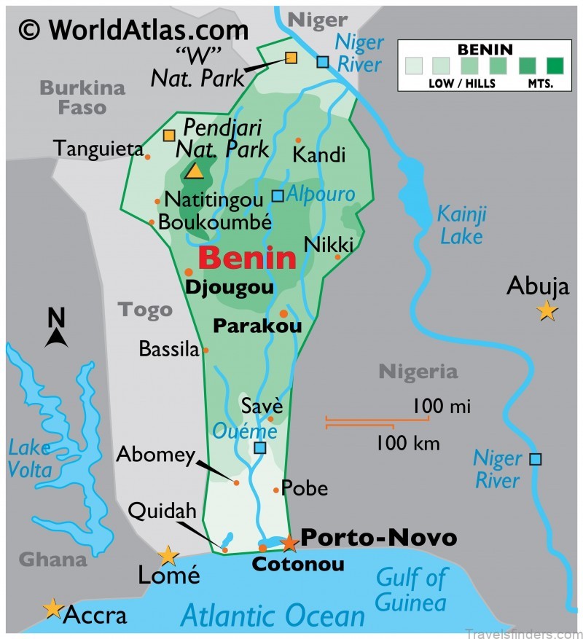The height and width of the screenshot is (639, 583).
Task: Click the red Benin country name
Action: [x=247, y=258]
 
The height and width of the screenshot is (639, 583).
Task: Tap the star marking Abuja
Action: [x=547, y=312]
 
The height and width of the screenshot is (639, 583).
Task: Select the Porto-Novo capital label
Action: [x=378, y=538]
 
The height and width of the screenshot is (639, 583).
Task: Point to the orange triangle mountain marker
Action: [x=194, y=170]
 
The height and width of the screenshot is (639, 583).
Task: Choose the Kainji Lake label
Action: [x=461, y=225]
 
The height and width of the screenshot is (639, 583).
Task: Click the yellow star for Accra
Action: [x=52, y=608]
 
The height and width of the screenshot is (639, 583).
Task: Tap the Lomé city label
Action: [x=168, y=575]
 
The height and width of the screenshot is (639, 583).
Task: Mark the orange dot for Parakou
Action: [x=283, y=314]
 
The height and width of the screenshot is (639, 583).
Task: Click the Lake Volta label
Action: [x=30, y=459]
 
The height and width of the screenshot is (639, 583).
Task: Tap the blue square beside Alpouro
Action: [x=278, y=195]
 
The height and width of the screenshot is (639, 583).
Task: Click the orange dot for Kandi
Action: [x=298, y=140]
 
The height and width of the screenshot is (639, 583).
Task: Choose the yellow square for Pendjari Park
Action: [x=169, y=135]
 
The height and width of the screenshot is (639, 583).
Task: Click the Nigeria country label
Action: [x=418, y=372]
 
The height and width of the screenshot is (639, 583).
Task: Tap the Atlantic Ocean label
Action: [x=273, y=616]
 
